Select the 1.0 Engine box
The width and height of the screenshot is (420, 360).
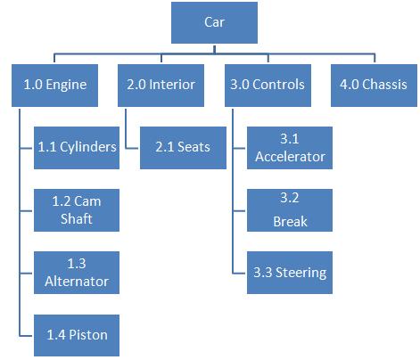55,86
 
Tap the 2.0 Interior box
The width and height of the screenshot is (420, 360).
161,86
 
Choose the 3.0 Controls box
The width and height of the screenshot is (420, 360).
265,86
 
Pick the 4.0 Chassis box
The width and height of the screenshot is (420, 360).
372,86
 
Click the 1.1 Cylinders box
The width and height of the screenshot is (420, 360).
76,147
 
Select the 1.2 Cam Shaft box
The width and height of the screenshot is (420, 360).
76,209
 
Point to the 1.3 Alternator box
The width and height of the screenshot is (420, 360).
76,272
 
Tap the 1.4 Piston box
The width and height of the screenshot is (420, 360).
76,334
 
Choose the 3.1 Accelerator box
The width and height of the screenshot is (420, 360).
289,148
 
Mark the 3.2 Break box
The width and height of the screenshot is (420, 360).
289,209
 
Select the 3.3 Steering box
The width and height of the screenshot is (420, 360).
289,272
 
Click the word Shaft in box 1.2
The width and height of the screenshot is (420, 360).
76,219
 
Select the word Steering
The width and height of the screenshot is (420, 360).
301,272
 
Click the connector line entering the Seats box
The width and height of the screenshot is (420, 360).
132,147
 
